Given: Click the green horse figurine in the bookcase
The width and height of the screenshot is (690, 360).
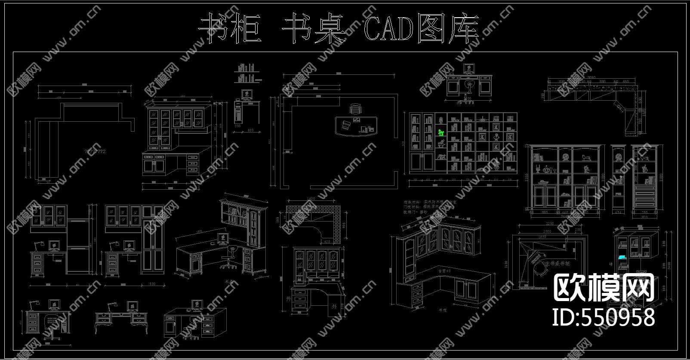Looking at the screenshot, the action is [x=440, y=132].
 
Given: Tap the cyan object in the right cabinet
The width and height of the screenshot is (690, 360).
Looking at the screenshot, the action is [x=622, y=257].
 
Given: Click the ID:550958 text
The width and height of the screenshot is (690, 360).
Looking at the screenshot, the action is [x=603, y=317].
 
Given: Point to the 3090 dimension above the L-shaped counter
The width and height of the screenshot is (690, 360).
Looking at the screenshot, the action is [x=592, y=77].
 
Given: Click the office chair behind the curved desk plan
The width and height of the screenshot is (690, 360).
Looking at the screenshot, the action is [x=355, y=109].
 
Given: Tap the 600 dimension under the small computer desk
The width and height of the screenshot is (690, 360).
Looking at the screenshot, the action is [x=250, y=130].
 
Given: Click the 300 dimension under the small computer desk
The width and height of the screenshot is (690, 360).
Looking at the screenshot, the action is [x=237, y=126].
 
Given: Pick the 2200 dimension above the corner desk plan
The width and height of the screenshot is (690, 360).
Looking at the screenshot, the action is [x=548, y=224].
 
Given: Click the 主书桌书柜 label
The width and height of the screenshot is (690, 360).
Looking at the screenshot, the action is [x=558, y=263].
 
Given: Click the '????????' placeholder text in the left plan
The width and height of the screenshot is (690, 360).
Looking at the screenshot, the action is [x=95, y=151].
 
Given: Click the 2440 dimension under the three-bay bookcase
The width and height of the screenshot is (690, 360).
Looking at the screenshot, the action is [x=564, y=216].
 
